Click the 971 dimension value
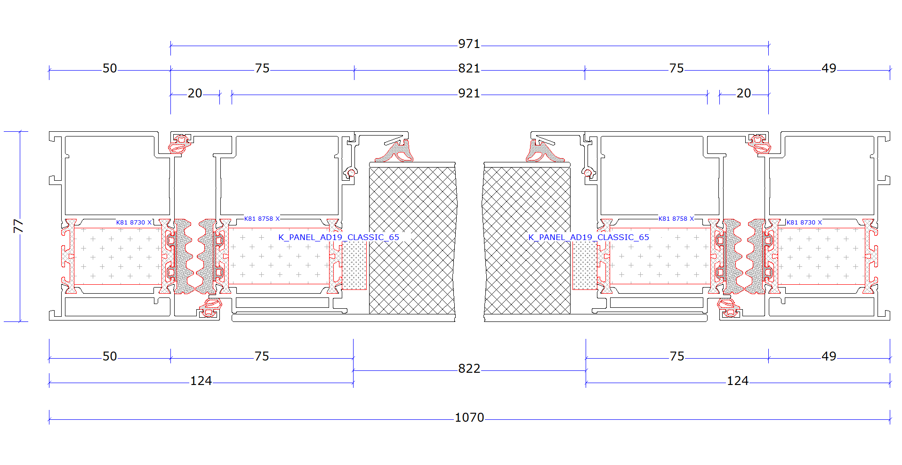(469, 44)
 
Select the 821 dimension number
(469, 68)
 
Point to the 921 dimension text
(469, 93)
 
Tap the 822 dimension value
(469, 369)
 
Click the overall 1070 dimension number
(469, 417)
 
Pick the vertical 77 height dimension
(18, 226)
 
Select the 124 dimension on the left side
(201, 381)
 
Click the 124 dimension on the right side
(737, 381)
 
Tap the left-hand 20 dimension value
(195, 93)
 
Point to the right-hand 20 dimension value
(744, 93)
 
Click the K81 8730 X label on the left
(134, 223)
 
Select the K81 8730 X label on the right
(804, 223)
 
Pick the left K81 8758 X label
(262, 219)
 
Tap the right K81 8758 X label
(676, 219)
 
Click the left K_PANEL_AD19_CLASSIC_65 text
(338, 237)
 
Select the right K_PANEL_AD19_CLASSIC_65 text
(588, 237)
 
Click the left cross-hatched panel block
(412, 238)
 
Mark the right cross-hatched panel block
(526, 238)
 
